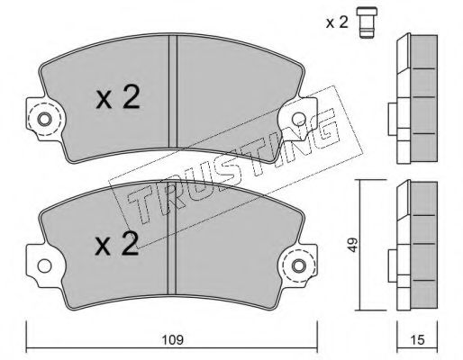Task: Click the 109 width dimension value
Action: (172, 340)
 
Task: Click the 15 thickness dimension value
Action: (417, 340)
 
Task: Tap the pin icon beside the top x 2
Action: (367, 23)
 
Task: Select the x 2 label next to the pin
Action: (337, 22)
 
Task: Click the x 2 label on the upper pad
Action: (118, 97)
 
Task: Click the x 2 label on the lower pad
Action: (117, 244)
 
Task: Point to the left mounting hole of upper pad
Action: (44, 120)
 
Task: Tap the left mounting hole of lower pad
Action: (44, 265)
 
